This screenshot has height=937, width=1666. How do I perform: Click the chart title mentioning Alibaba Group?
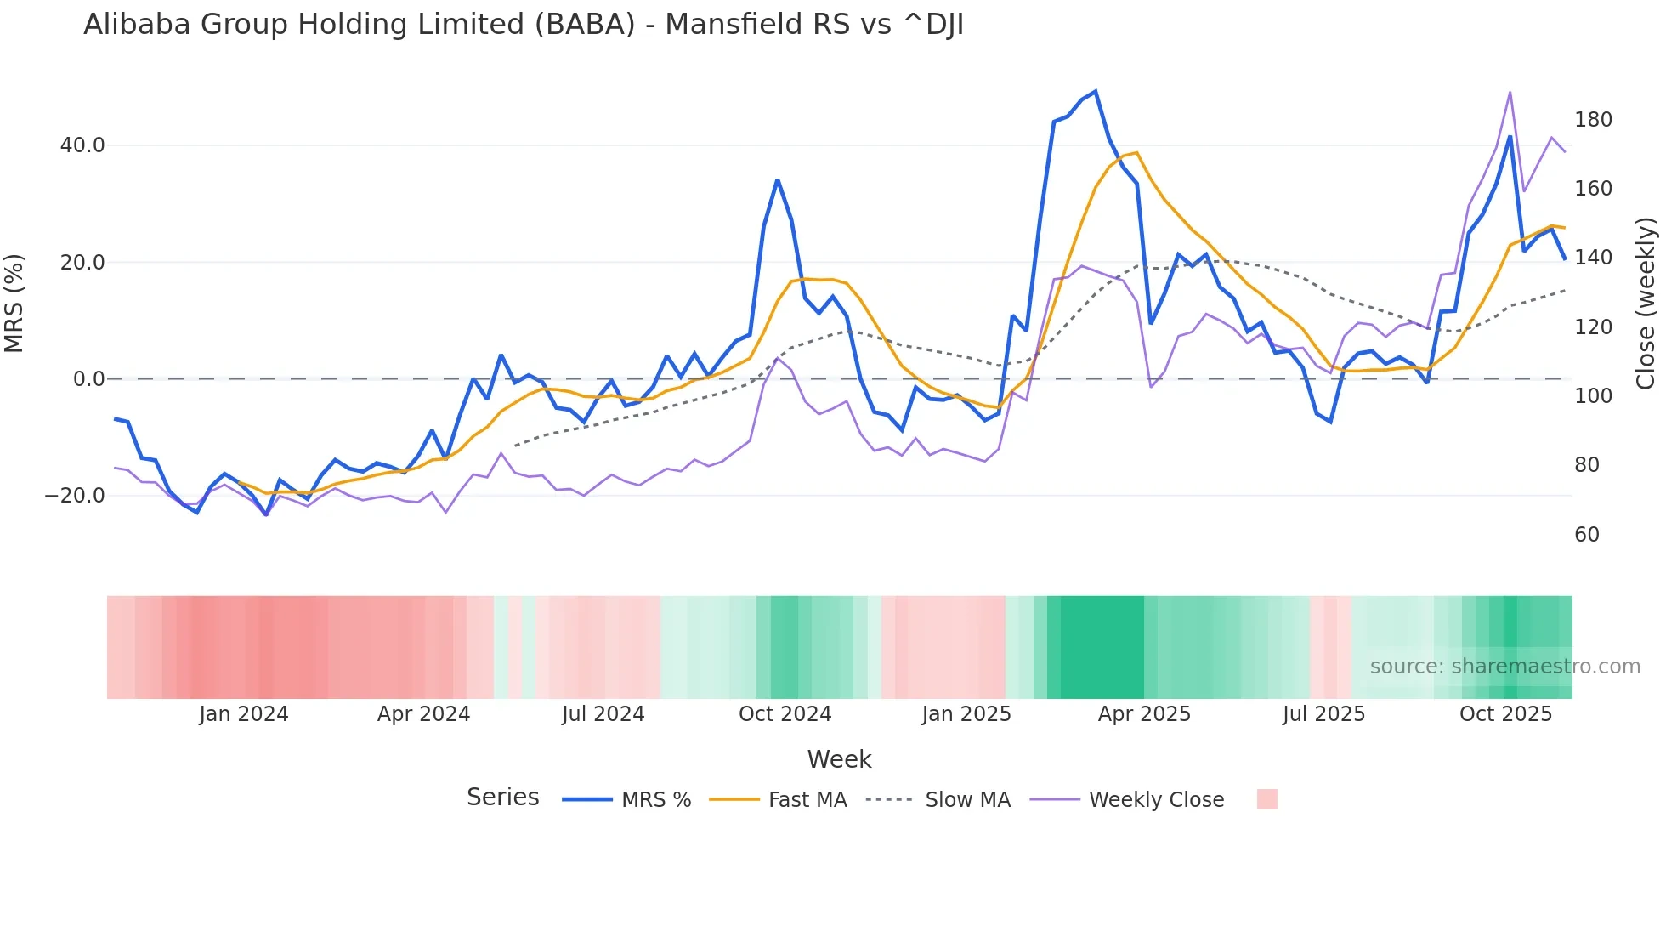click(x=523, y=25)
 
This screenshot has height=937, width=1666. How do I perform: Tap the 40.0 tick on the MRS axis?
click(x=82, y=145)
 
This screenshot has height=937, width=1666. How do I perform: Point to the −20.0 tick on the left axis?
click(x=75, y=496)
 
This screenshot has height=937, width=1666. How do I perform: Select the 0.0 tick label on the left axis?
click(x=89, y=379)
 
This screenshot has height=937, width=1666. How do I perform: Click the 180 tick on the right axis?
click(x=1593, y=120)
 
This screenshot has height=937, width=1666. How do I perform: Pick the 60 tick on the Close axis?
click(x=1587, y=535)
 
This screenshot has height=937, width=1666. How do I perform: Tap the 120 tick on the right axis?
click(x=1593, y=327)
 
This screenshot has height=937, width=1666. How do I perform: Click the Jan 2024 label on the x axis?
click(x=244, y=714)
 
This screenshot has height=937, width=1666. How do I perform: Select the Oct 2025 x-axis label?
click(x=1505, y=714)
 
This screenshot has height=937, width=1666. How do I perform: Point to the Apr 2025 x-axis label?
click(x=1144, y=714)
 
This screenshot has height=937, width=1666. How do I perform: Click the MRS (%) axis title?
click(x=14, y=304)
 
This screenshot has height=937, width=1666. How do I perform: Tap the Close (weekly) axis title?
click(x=1646, y=304)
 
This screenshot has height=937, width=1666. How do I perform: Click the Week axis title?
click(x=839, y=759)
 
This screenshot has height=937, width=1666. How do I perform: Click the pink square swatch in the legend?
click(x=1266, y=799)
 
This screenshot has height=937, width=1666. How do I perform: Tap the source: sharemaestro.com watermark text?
click(x=1504, y=667)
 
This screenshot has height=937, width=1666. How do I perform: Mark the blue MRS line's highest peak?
click(x=1096, y=91)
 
